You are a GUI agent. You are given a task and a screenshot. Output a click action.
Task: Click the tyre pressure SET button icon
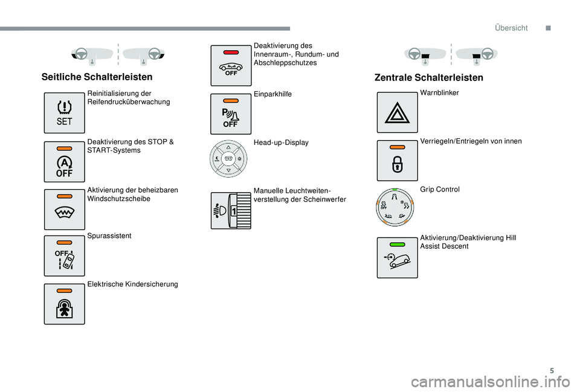coord(65,113)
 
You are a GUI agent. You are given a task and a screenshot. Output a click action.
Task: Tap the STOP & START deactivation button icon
coord(65,162)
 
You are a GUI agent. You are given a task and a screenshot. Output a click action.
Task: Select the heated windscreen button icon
coord(65,210)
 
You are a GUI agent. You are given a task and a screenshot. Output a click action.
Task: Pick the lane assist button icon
coord(65,256)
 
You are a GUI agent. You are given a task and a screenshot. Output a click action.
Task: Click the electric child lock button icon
coord(65,304)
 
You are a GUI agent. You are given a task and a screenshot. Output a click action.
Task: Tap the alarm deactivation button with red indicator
coord(231,65)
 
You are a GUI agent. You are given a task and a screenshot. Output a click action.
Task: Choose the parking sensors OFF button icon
coord(231,114)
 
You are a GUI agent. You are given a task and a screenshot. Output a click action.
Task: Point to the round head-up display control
coord(228,159)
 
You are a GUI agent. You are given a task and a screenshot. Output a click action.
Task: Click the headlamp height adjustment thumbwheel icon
coord(231,210)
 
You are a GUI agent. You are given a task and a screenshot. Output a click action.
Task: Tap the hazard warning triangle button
coord(398,112)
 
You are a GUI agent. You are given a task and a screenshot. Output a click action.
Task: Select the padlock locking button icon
coord(398,161)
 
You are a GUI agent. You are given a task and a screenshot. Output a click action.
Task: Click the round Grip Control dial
coord(395,207)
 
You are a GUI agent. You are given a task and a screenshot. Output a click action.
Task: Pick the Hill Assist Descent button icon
coord(398,258)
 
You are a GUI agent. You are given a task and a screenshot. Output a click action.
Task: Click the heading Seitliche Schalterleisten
coord(97,77)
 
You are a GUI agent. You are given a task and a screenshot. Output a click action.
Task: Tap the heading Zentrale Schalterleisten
coord(429,78)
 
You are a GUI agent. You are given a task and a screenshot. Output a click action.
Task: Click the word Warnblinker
coord(439,93)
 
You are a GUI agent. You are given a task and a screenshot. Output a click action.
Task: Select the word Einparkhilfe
coord(272,94)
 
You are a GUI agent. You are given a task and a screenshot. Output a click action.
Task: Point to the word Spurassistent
coord(109,236)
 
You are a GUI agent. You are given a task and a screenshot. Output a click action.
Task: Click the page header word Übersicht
coord(511,28)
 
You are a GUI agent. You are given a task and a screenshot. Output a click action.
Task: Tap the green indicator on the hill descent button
coord(398,245)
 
